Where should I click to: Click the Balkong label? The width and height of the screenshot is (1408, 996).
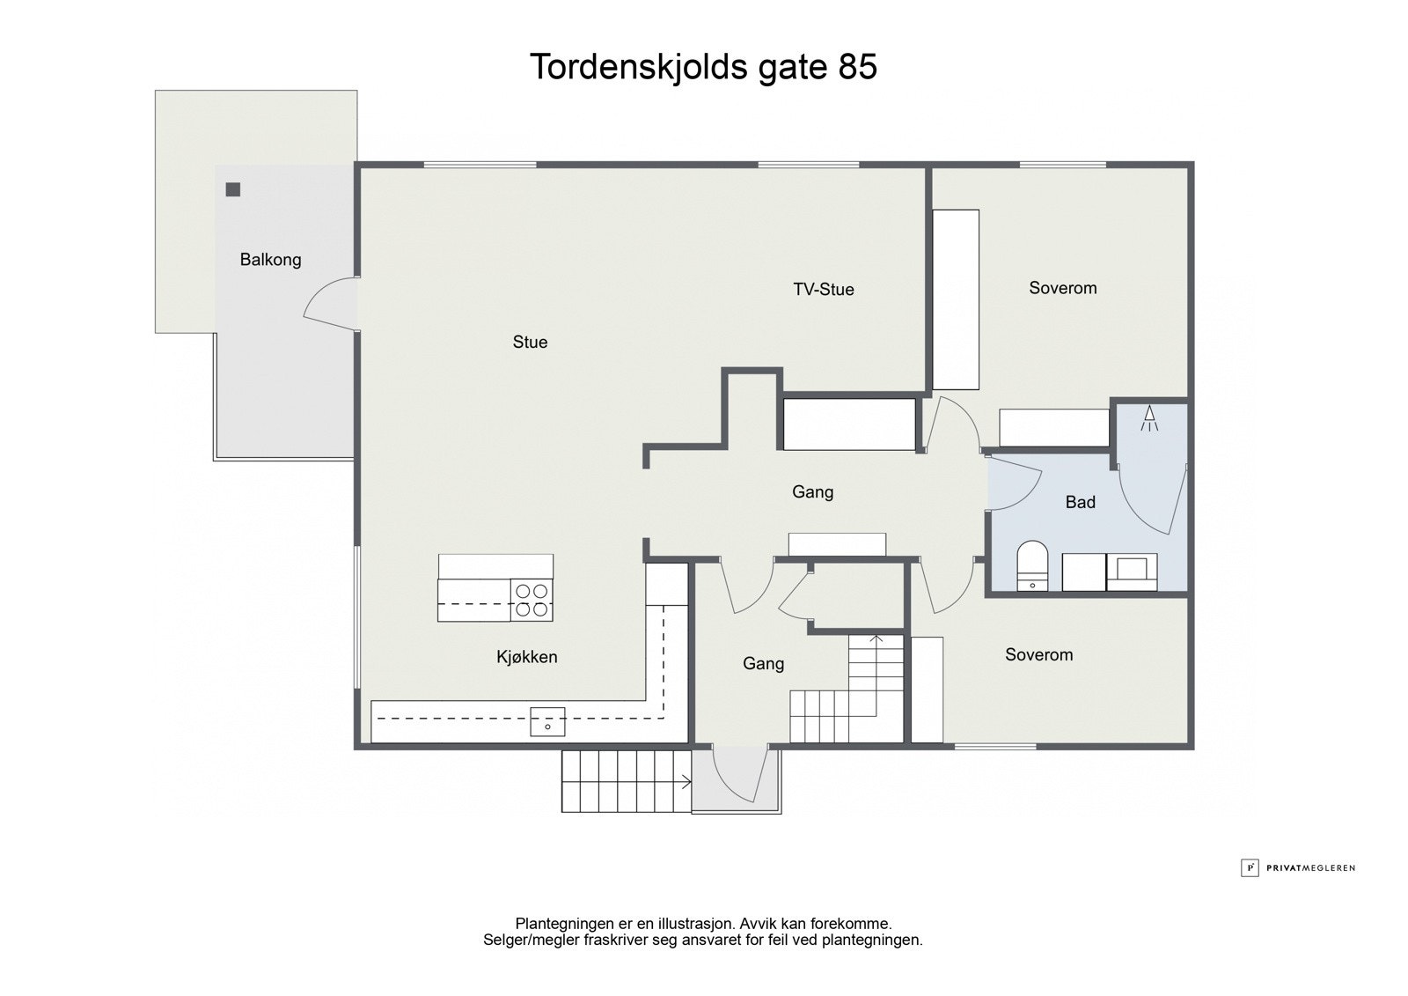(270, 260)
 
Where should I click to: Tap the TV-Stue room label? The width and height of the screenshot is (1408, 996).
(823, 290)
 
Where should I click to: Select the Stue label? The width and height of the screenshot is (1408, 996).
(530, 343)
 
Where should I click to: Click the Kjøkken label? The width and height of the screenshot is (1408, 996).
(526, 657)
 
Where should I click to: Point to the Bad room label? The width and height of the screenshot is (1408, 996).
(1080, 503)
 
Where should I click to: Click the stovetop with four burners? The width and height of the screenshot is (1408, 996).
(532, 600)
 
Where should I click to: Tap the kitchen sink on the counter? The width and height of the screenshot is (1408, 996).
(547, 722)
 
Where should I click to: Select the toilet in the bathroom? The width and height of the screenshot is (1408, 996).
(1032, 566)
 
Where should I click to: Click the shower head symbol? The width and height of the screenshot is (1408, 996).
(1149, 418)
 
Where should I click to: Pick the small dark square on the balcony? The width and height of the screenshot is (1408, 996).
(233, 189)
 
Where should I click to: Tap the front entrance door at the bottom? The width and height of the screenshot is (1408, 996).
(736, 777)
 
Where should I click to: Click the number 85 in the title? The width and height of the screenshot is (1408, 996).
(857, 68)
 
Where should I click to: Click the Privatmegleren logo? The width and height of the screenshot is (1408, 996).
(1298, 867)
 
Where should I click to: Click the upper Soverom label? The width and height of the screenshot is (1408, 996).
(1062, 288)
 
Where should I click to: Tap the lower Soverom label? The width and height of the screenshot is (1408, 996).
(1038, 655)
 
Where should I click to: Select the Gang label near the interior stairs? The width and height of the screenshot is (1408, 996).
(763, 664)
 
